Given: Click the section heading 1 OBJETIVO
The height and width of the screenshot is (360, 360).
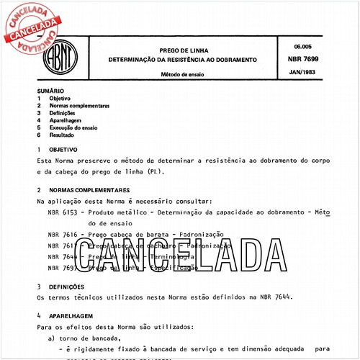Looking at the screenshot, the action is (x=60, y=149).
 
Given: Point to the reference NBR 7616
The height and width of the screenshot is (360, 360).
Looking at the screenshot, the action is (x=63, y=235).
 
